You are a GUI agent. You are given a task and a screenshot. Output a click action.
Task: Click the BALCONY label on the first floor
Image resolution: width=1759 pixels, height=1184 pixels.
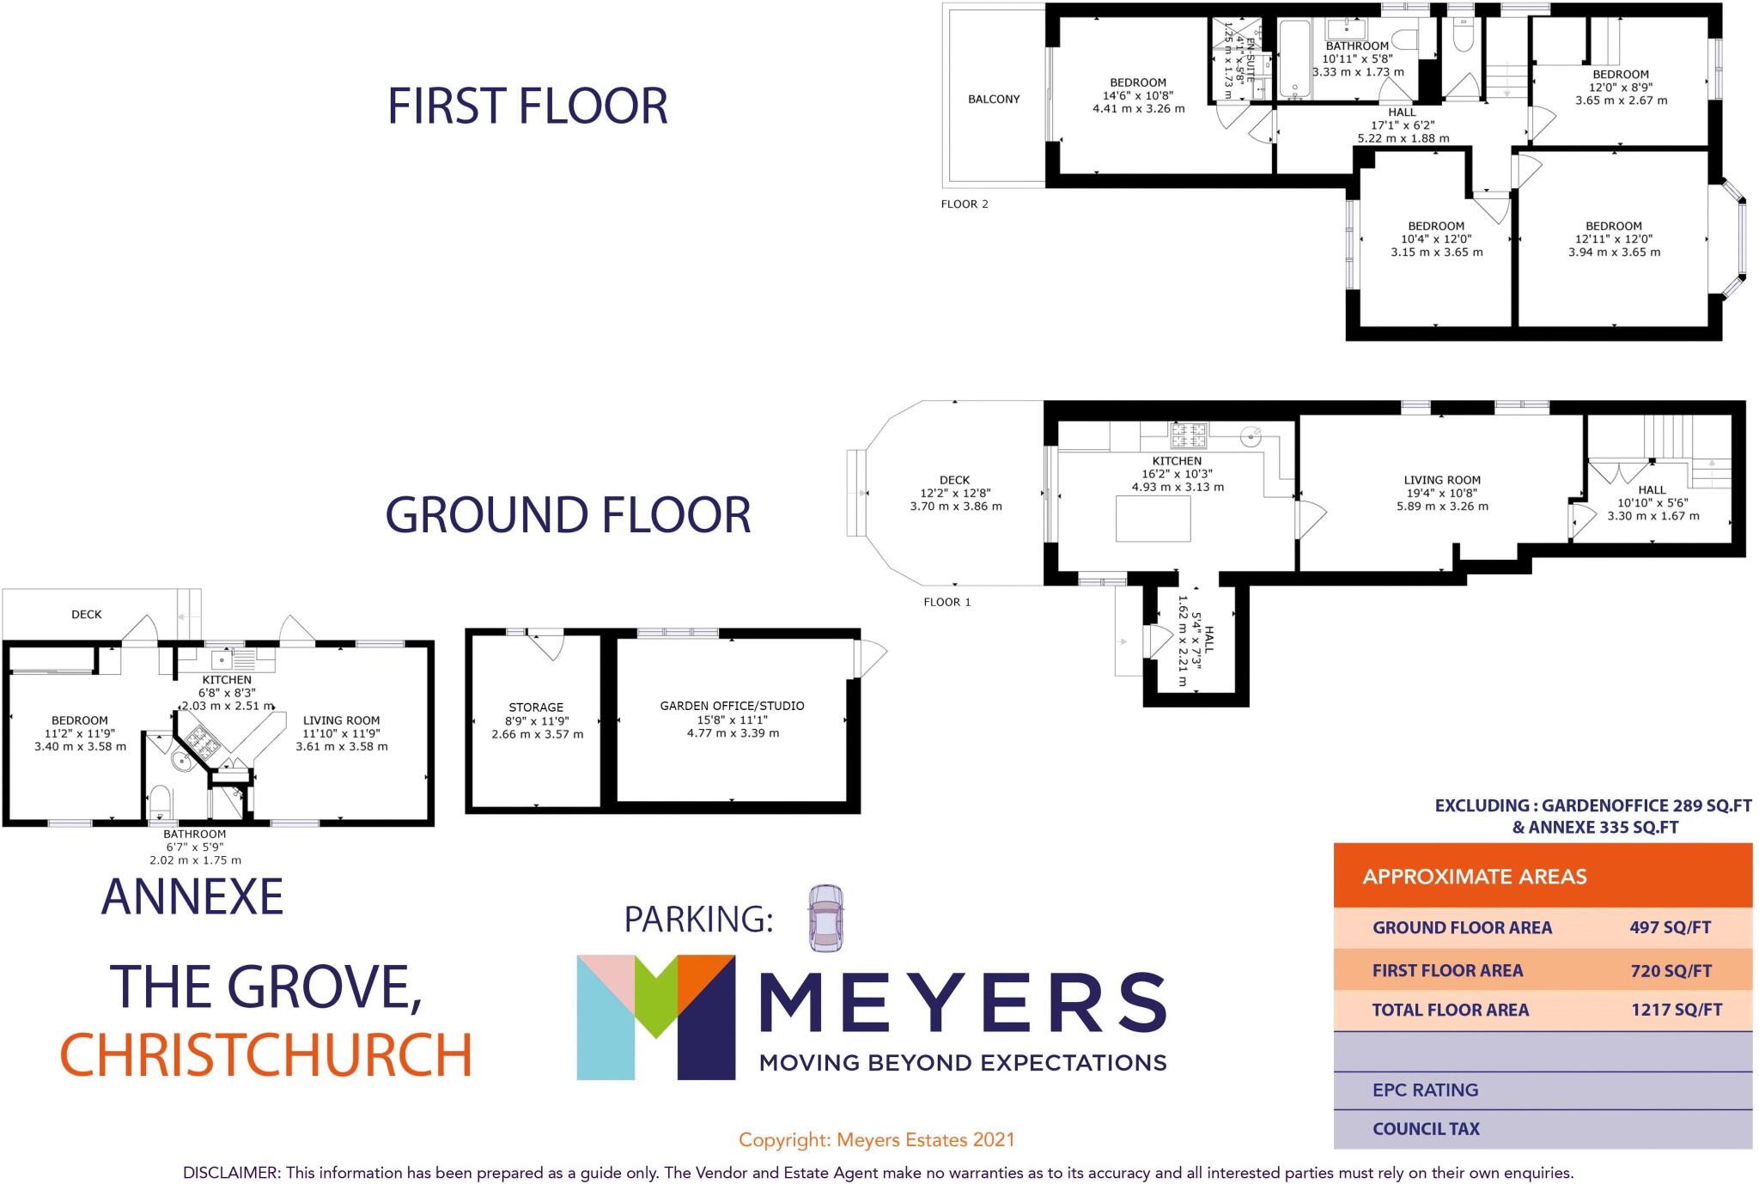click(x=994, y=100)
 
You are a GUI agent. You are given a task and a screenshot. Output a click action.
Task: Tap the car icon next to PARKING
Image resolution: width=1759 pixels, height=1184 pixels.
click(x=825, y=918)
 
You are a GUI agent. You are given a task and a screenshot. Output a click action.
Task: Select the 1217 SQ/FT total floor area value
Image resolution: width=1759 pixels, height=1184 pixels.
click(x=1676, y=1010)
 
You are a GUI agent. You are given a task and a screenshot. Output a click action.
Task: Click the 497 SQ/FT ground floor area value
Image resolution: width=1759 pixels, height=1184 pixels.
click(x=1670, y=927)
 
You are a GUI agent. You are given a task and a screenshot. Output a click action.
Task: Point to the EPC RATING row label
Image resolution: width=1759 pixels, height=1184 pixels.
click(x=1425, y=1090)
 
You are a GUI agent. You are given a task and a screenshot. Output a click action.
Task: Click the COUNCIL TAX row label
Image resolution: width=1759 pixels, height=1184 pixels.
click(x=1426, y=1128)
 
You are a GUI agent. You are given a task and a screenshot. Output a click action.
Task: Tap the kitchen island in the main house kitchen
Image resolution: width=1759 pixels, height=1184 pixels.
click(x=1153, y=519)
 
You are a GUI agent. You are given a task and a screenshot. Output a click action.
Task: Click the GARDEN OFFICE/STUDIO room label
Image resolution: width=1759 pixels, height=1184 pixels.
click(x=732, y=706)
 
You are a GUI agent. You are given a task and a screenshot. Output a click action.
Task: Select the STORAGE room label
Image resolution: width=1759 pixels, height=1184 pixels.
click(x=536, y=707)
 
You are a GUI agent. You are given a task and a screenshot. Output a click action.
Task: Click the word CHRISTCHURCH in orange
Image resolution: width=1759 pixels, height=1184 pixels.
click(x=266, y=1054)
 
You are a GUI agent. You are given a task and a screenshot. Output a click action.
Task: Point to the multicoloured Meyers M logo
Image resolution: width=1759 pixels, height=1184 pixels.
click(x=655, y=1017)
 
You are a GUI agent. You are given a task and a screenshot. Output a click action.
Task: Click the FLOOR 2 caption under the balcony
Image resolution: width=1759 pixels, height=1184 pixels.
click(x=965, y=204)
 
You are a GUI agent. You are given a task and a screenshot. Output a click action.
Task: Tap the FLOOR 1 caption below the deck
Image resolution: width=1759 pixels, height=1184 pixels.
click(x=946, y=602)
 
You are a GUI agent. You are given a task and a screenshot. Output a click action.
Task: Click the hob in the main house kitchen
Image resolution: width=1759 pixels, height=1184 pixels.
click(x=1188, y=435)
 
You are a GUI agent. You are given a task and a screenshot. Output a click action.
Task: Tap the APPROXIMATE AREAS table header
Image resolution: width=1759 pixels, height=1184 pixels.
click(x=1474, y=877)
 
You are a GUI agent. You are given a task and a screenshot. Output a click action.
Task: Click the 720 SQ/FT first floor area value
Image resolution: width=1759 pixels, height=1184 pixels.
click(x=1671, y=971)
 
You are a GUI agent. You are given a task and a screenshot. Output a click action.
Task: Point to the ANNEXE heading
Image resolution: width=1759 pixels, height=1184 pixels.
click(x=192, y=897)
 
